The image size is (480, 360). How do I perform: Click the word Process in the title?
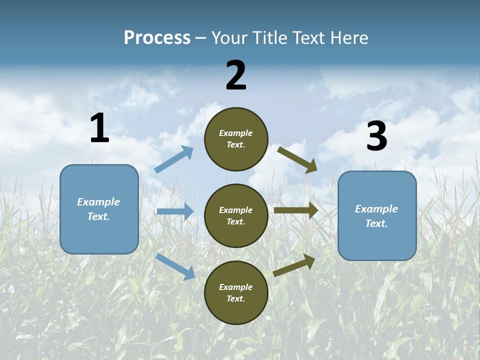point(157,37)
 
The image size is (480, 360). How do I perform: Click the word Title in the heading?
point(269,37)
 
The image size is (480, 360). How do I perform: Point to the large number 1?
point(99,128)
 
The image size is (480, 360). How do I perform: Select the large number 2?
point(236,75)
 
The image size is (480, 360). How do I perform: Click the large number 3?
point(377,136)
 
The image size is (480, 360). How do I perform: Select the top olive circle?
point(236,139)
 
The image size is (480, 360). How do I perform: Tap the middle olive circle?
point(236,215)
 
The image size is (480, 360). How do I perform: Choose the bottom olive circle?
point(236,292)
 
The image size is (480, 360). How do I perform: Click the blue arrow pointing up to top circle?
point(173,159)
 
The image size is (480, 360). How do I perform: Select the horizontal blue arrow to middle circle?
point(175,211)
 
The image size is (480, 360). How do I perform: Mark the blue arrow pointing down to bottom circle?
point(175,266)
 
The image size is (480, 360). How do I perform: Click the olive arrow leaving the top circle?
point(297,159)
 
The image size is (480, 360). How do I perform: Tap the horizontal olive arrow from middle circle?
point(296,210)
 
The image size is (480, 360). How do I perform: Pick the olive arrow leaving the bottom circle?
point(294,265)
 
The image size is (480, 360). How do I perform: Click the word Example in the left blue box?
point(98,202)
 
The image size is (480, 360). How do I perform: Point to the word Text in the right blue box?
point(376,223)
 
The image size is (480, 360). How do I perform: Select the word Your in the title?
point(231,37)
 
